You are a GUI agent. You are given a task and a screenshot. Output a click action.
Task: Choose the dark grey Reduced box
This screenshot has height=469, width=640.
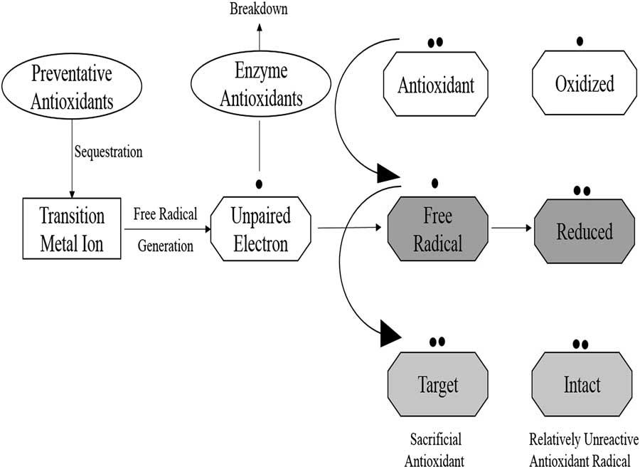click(584, 231)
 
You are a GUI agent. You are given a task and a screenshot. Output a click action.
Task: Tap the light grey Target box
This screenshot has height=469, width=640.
click(437, 385)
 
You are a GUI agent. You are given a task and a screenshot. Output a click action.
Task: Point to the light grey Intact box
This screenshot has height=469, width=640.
click(582, 385)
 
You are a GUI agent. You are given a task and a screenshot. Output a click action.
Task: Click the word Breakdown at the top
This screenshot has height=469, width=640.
click(259, 9)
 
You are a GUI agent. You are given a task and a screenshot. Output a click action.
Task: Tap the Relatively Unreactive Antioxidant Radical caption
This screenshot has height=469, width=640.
click(583, 449)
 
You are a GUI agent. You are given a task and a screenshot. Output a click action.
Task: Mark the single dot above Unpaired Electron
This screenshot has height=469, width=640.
click(259, 184)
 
